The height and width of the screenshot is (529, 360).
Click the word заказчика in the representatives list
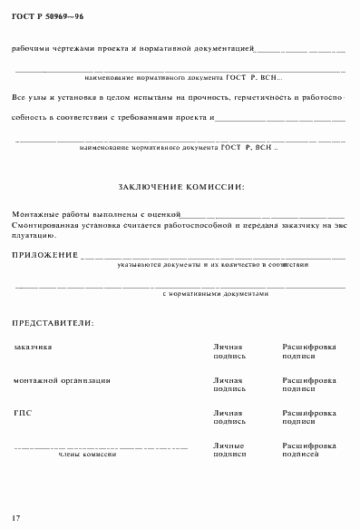point(33,347)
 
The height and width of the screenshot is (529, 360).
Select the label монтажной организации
point(63,379)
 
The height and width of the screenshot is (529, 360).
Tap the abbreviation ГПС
point(23,413)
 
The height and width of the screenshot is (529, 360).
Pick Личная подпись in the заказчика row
point(229,351)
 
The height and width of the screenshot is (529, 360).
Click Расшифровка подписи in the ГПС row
point(309,417)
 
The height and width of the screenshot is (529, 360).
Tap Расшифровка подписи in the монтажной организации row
point(309,384)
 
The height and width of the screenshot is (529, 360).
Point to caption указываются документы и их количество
point(213,264)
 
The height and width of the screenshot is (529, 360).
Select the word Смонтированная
point(44,223)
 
